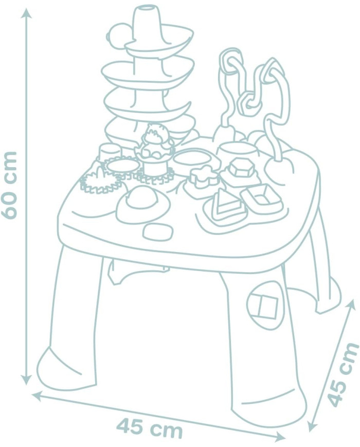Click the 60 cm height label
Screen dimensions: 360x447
click(x=9, y=185)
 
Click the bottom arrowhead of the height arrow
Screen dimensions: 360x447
click(x=27, y=379)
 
